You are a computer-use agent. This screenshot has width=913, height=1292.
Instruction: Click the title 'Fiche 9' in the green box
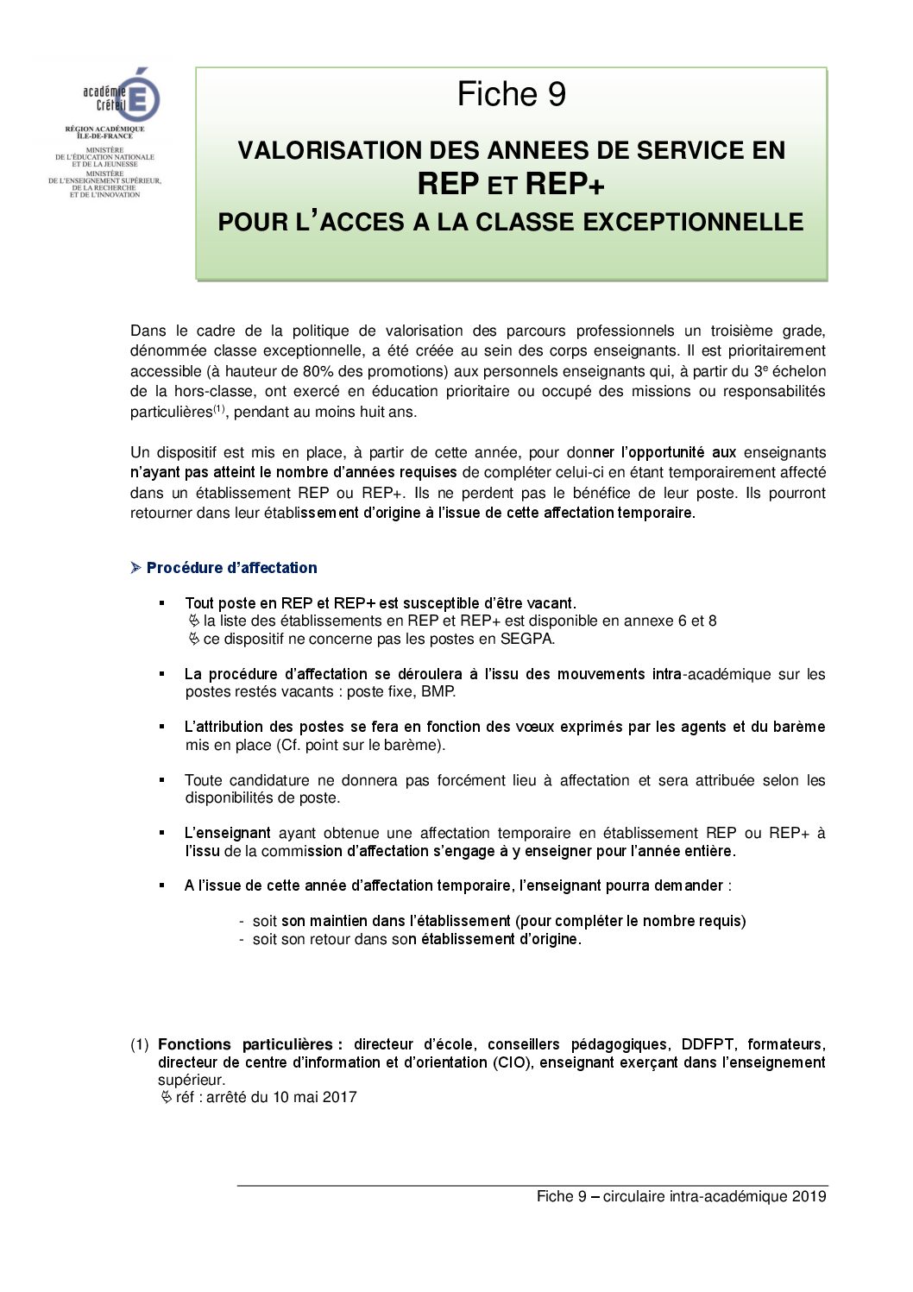point(511,94)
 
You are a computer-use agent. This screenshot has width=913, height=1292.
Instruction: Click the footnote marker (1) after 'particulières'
point(219,408)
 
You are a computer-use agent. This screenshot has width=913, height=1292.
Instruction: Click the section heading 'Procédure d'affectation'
point(231,568)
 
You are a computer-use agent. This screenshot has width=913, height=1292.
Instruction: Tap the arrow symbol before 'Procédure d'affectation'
point(136,567)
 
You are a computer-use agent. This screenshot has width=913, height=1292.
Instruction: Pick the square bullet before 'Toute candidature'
point(161,779)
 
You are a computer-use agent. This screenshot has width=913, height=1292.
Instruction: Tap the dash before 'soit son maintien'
point(242,921)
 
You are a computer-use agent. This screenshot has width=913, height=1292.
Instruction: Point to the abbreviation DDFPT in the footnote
point(708,1044)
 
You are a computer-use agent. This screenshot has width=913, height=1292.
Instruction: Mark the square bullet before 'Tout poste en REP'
point(161,602)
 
